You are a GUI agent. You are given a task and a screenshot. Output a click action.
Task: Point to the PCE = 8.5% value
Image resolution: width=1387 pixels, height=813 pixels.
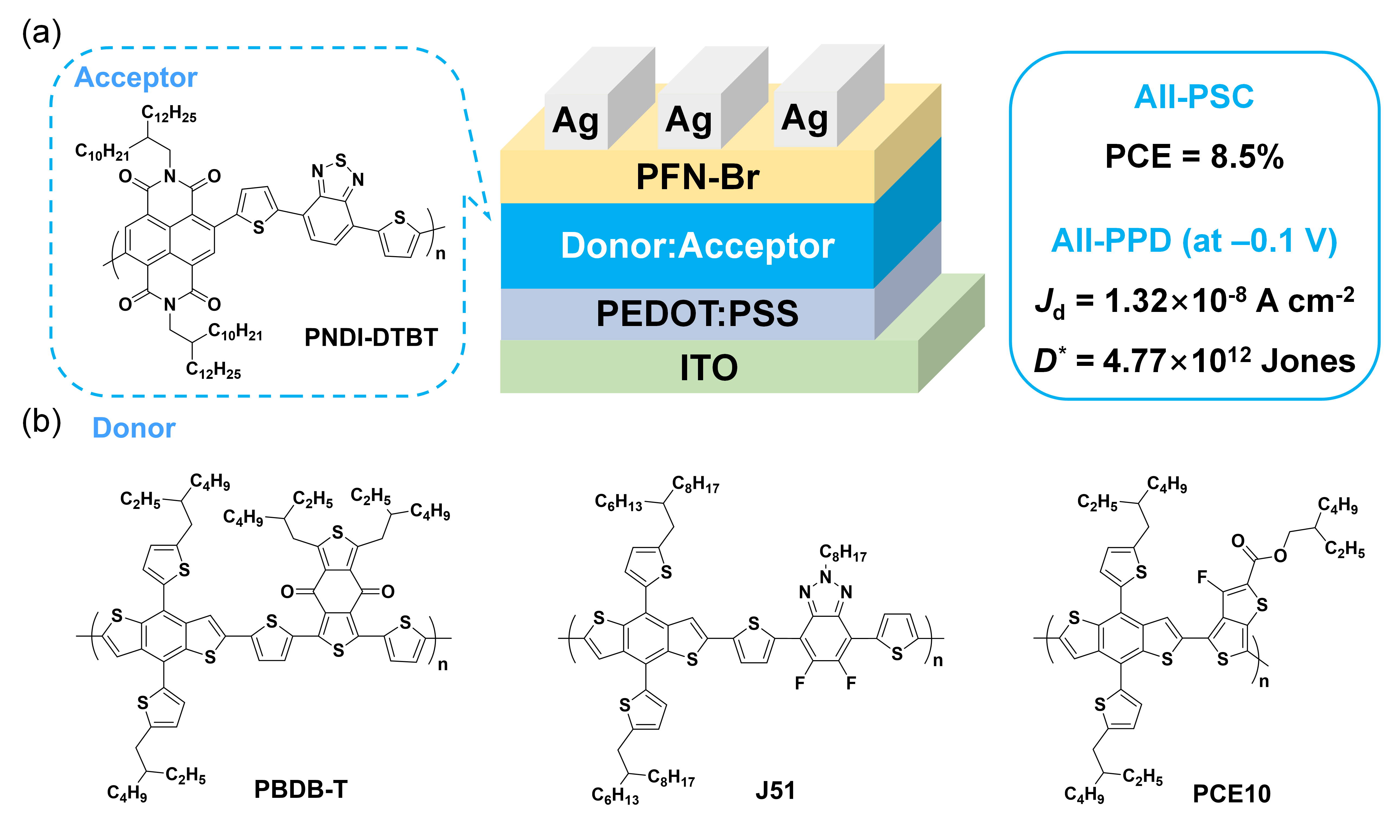tap(1194, 156)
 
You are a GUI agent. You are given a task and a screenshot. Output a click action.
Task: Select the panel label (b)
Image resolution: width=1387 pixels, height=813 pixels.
tap(41, 423)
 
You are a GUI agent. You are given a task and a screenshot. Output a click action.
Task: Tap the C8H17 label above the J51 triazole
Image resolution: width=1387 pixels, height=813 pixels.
tap(843, 553)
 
